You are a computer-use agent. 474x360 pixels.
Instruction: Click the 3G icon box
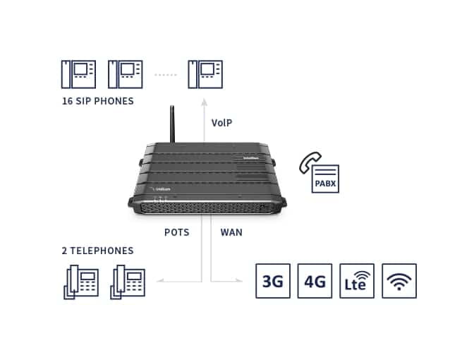tap(272, 281)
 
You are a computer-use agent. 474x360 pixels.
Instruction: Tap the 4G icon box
tap(315, 281)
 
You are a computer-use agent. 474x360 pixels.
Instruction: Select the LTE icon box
tap(357, 281)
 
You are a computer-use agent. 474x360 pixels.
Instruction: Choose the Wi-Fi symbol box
tap(399, 281)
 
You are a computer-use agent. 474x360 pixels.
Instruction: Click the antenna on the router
tap(171, 125)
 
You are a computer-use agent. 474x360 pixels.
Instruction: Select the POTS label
tap(176, 232)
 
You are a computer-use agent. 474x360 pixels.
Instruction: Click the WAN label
tap(231, 232)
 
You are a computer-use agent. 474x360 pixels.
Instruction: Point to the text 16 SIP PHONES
tap(97, 101)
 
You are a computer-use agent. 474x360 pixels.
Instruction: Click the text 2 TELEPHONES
tap(97, 251)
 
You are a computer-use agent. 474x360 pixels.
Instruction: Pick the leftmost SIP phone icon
tap(77, 73)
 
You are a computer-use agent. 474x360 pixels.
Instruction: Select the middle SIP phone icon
tap(125, 73)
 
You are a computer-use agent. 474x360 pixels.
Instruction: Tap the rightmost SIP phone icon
tap(205, 73)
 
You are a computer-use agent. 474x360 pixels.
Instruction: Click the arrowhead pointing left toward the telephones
tap(160, 281)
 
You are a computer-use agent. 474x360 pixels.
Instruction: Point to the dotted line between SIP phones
tap(166, 73)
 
